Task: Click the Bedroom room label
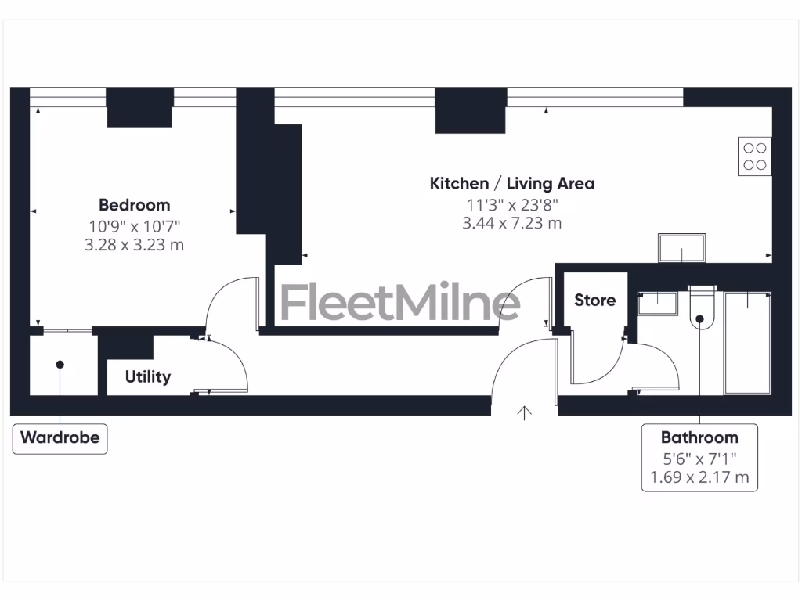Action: coord(134,205)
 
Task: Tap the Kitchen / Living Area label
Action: coord(512,184)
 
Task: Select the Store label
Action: coord(594,300)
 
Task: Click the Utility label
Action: coord(147,377)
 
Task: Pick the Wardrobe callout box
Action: coord(60,437)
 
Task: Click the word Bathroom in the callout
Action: coord(699,437)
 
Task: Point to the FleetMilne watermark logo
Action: coord(399,302)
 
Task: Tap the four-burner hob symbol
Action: coord(755,156)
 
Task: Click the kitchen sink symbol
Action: coord(681,248)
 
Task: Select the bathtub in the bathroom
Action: coord(747,342)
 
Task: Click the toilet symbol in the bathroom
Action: coord(699,313)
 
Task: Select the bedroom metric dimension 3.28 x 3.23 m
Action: coord(134,245)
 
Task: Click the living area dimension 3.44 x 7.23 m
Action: coord(512,223)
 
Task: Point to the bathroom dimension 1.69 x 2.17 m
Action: coord(699,477)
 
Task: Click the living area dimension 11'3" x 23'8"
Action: coord(512,205)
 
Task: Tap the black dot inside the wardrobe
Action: coord(60,364)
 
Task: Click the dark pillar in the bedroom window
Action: coord(139,107)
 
